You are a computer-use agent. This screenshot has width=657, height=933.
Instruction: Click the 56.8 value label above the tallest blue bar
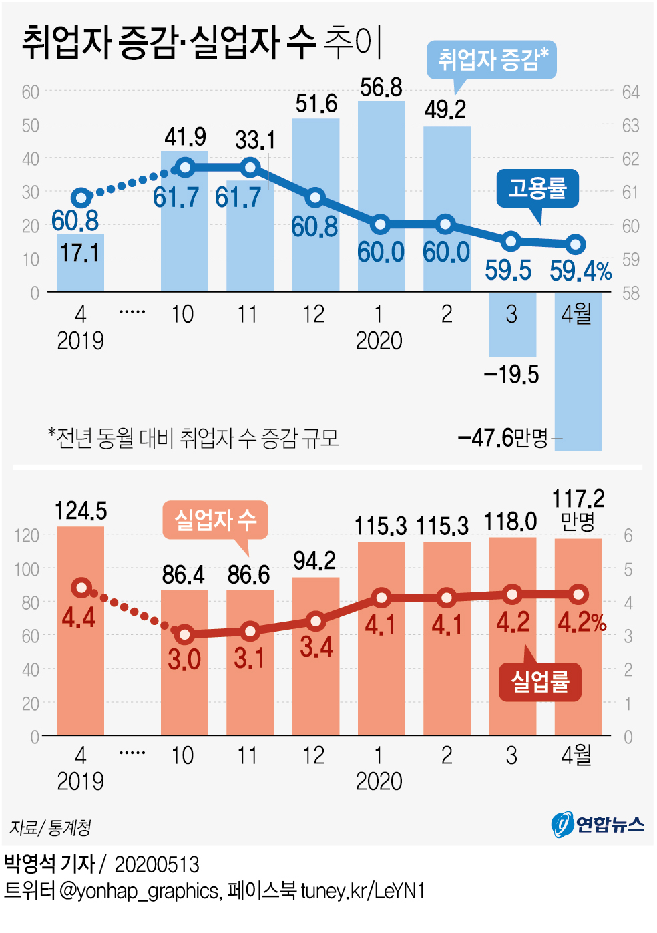pos(381,87)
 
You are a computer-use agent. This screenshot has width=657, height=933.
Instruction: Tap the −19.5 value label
pos(511,375)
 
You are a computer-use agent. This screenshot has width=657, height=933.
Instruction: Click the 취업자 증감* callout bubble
pos(491,60)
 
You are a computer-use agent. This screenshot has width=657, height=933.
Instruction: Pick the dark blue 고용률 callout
pos(537,188)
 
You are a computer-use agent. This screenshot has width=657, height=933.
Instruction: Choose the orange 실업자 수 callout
pos(215,520)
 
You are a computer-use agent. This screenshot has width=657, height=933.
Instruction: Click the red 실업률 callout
pos(540,681)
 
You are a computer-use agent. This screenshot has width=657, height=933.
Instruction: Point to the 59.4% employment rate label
pos(580,271)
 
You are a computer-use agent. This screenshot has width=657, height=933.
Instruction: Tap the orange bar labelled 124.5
pos(80,630)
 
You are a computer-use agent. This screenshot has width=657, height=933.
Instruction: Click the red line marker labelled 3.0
pos(185,634)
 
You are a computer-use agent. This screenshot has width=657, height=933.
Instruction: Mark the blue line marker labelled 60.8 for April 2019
pos(81,198)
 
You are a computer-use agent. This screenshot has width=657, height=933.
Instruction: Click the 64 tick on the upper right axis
pos(630,92)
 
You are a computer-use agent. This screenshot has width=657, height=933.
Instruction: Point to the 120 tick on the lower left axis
pos(27,535)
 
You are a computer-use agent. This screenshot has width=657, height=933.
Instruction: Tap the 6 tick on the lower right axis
pos(628,536)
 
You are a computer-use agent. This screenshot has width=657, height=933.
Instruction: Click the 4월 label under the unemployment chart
pos(576,755)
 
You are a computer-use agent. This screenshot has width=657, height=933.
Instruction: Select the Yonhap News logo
pos(598,824)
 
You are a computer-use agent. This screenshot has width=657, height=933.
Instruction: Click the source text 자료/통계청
pos(51,828)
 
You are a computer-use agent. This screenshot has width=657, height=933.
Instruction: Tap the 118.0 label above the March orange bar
pos(511,522)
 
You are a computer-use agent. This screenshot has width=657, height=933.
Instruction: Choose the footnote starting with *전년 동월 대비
pos(194,438)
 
